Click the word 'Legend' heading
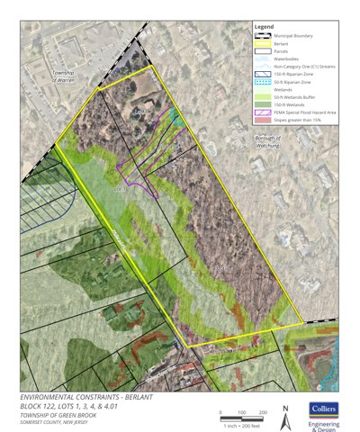264,27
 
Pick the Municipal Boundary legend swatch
262,35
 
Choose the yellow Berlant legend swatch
262,42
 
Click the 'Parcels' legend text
282,50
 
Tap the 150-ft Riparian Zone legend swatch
262,74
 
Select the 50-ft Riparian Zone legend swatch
262,82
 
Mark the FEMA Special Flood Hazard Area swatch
262,112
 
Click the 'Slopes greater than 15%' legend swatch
262,120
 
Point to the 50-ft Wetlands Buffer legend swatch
262,97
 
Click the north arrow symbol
284,410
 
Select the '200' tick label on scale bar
262,411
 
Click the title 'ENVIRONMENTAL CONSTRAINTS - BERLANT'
85,397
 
